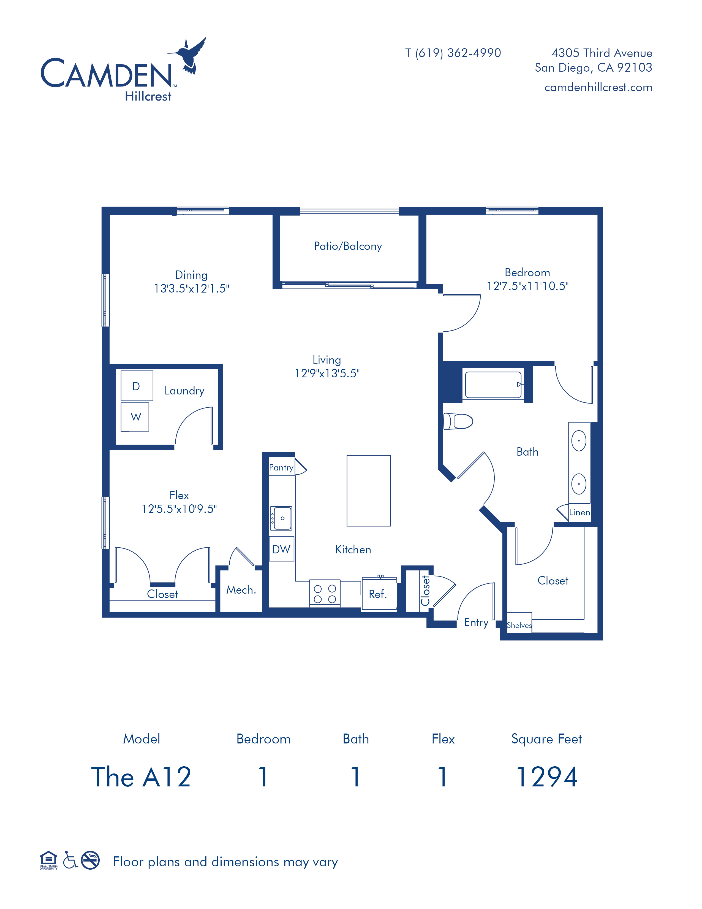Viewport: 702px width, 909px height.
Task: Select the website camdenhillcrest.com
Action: tap(598, 87)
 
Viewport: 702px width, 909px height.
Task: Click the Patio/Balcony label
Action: tap(348, 246)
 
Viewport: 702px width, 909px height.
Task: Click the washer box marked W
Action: tap(135, 416)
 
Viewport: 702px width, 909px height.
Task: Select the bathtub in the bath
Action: tap(493, 385)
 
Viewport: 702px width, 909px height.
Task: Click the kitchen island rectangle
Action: tap(368, 491)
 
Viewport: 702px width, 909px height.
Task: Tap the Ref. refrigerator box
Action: tap(379, 594)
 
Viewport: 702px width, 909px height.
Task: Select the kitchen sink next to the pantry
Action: tap(281, 518)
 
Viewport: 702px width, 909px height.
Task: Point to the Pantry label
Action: tap(281, 467)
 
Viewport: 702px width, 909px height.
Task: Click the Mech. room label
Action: tap(241, 590)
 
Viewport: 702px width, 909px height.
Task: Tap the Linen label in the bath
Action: tap(579, 512)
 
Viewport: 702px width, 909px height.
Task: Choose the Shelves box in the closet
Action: tap(519, 622)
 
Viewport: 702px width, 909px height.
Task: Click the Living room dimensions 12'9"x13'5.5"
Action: tap(327, 373)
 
